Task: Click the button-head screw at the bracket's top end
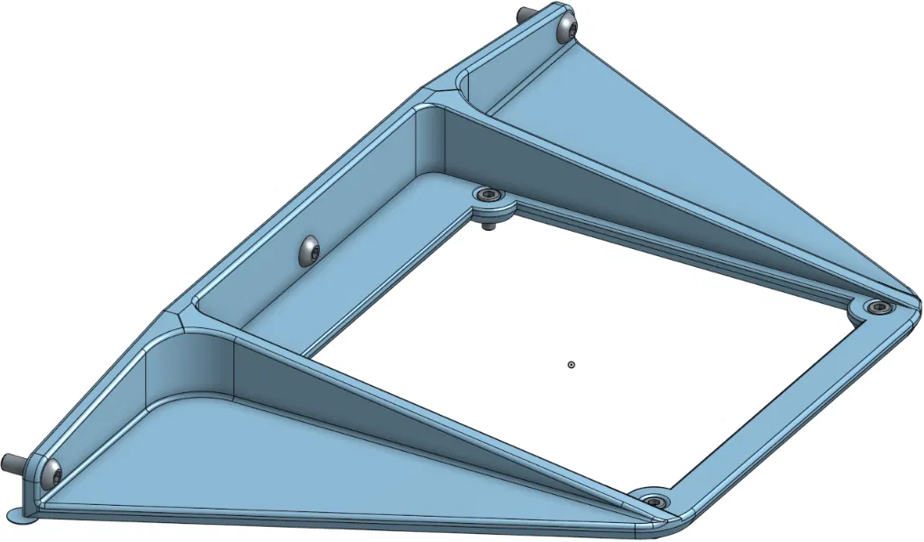(x=566, y=29)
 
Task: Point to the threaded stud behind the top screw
(x=524, y=14)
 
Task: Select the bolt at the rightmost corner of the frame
(x=876, y=308)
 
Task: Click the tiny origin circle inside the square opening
(x=572, y=364)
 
